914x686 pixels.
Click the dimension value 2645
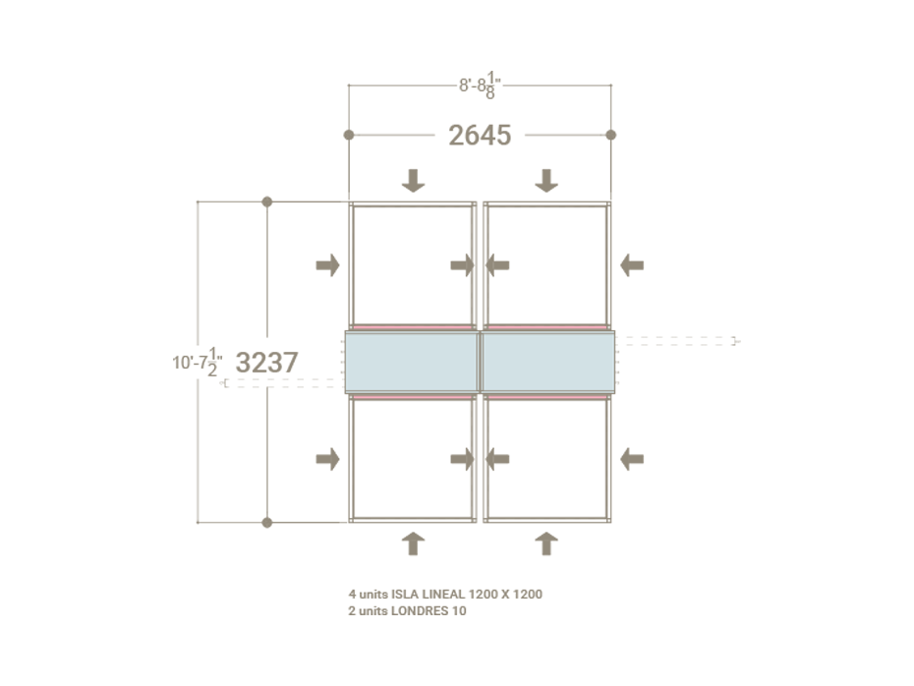pyautogui.click(x=480, y=135)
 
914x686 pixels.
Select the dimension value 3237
pyautogui.click(x=266, y=363)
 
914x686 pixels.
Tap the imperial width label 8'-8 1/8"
pyautogui.click(x=480, y=86)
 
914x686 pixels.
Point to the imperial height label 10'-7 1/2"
pyautogui.click(x=198, y=363)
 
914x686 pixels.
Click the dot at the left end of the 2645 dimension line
pyautogui.click(x=349, y=135)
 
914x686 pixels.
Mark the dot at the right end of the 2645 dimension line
pyautogui.click(x=610, y=135)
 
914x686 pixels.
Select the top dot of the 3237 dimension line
pyautogui.click(x=266, y=201)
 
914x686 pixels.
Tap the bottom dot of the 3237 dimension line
pyautogui.click(x=266, y=522)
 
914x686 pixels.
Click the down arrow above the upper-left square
pyautogui.click(x=414, y=180)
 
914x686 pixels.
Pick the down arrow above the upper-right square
pyautogui.click(x=546, y=180)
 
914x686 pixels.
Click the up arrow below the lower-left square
pyautogui.click(x=414, y=543)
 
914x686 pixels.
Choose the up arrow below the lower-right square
pyautogui.click(x=546, y=543)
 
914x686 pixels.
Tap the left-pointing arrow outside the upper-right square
pyautogui.click(x=632, y=264)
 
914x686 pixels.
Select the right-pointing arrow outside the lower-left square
pyautogui.click(x=327, y=458)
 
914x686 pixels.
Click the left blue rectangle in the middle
pyautogui.click(x=412, y=362)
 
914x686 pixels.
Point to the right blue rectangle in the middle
pyautogui.click(x=547, y=362)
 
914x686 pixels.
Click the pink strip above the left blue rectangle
pyautogui.click(x=412, y=327)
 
